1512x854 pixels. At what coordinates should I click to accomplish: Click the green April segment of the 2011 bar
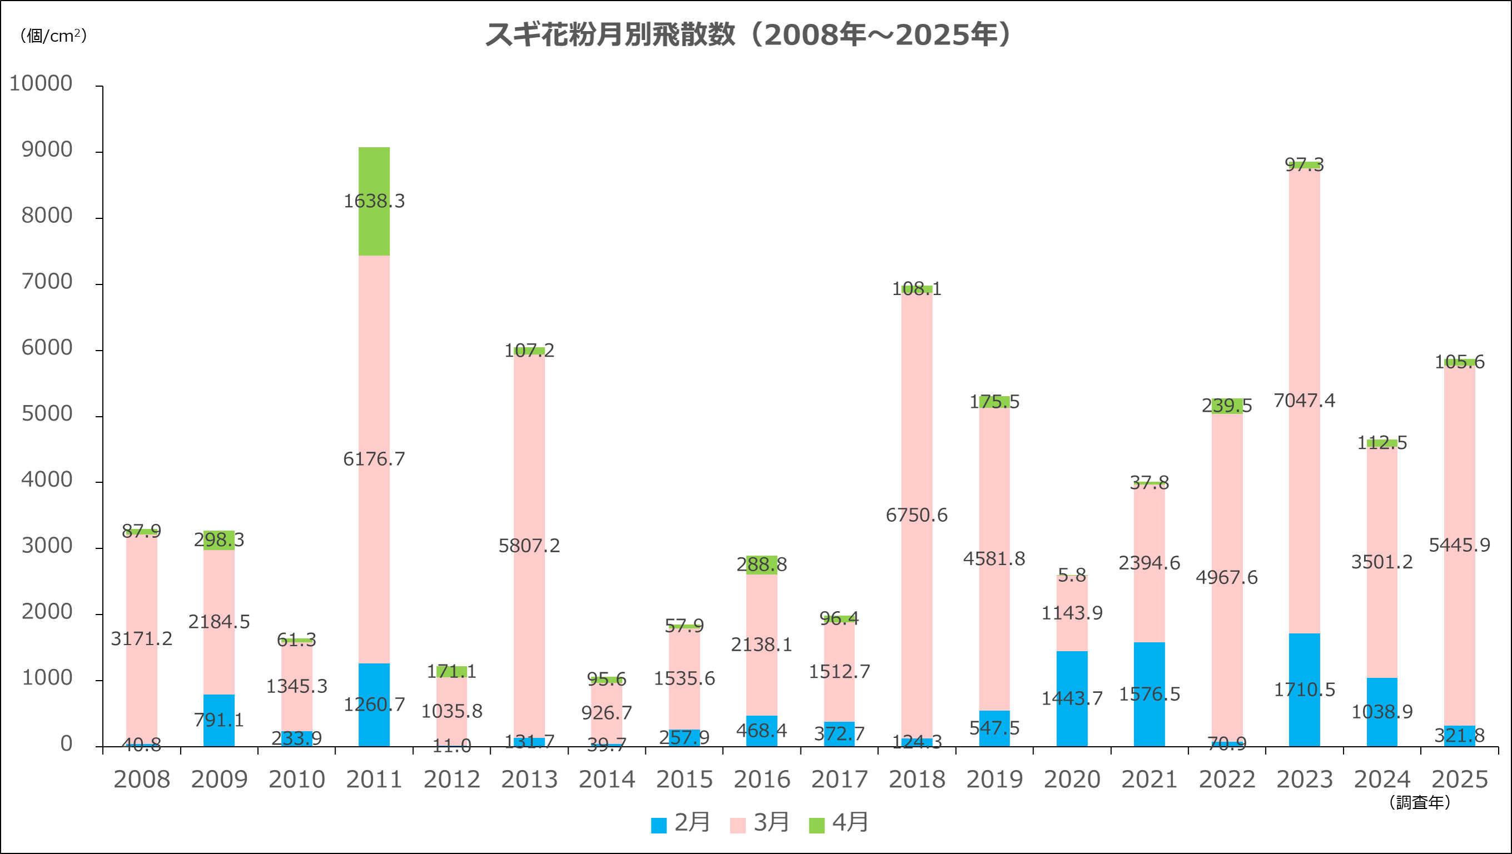(x=374, y=176)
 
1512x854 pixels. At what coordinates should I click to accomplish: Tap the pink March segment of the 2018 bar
(x=917, y=411)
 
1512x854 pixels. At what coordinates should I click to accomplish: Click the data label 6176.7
(x=374, y=459)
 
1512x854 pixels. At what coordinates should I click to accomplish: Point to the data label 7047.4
(x=1304, y=401)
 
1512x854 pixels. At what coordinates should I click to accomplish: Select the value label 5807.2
(x=529, y=546)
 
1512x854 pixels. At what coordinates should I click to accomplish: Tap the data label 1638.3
(x=374, y=201)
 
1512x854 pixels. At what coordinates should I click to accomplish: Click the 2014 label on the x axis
(x=607, y=780)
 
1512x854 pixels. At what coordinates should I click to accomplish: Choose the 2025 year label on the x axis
(x=1460, y=780)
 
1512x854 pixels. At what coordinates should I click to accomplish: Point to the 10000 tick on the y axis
(x=41, y=83)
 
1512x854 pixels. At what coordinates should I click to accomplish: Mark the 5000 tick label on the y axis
(x=47, y=414)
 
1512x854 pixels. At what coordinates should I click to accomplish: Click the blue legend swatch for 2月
(x=659, y=825)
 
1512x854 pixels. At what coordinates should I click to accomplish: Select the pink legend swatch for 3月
(x=738, y=825)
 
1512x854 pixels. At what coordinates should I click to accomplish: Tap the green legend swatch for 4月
(x=817, y=825)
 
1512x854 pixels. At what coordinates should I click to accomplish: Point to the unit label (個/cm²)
(x=53, y=36)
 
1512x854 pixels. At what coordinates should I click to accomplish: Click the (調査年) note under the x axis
(x=1420, y=802)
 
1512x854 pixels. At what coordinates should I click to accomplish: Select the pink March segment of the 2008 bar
(x=141, y=587)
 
